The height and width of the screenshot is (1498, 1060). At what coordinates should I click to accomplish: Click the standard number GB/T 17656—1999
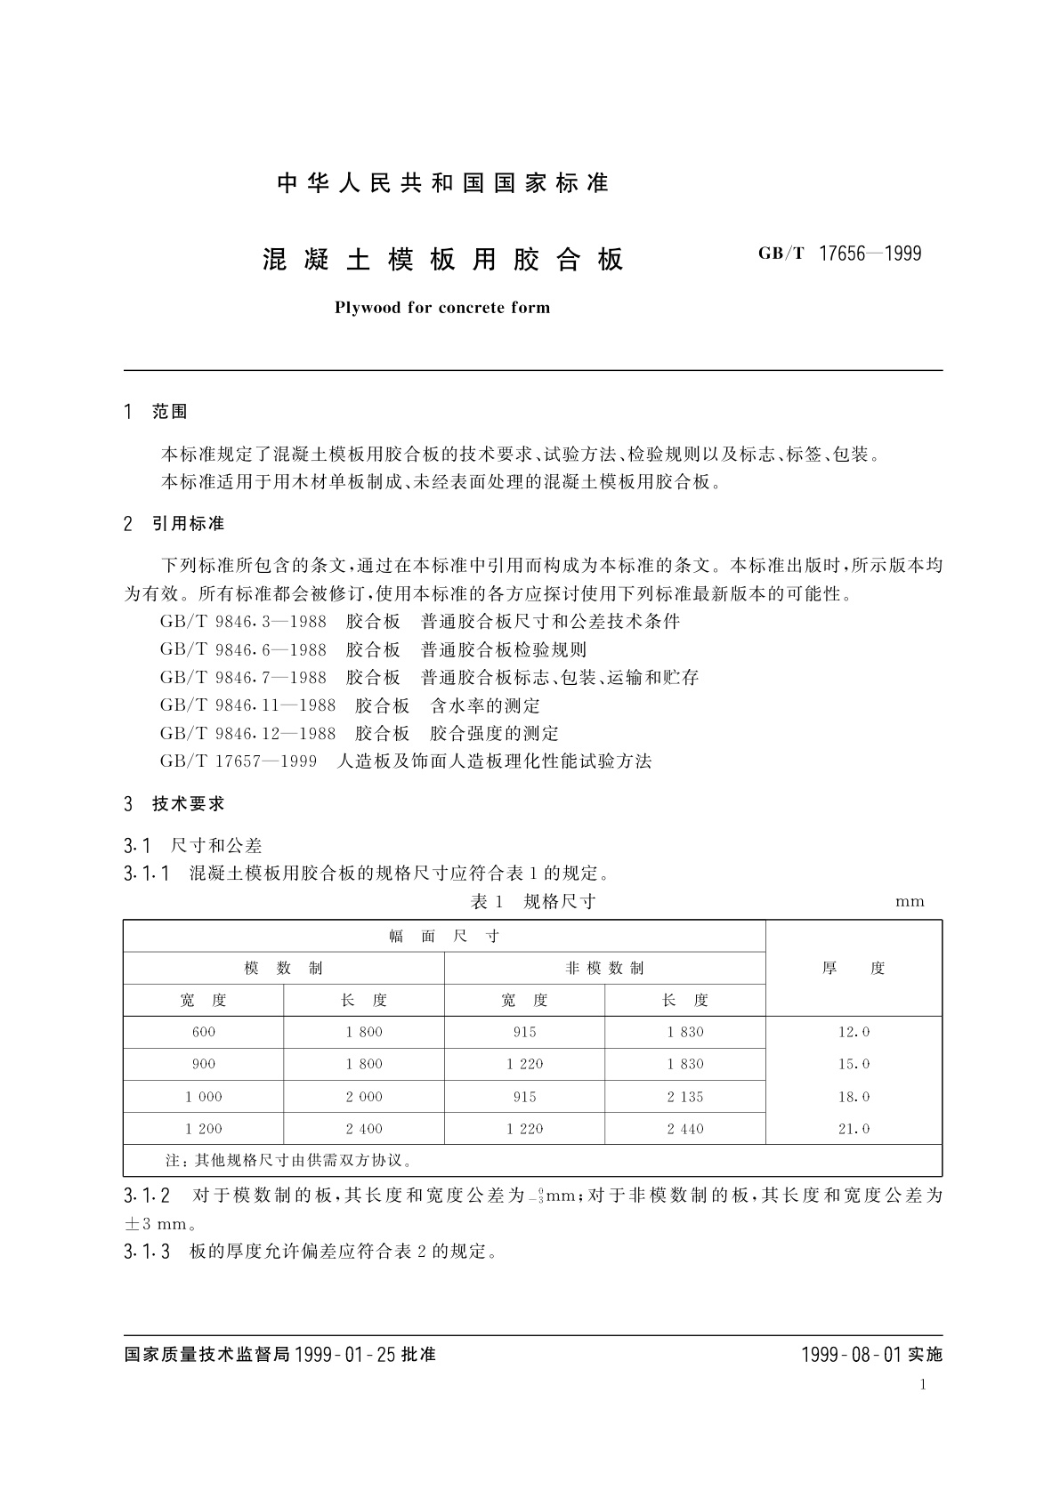point(839,254)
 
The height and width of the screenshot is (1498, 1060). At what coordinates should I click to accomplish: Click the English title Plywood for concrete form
point(442,308)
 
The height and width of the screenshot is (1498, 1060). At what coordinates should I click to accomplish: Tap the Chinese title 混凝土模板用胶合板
point(443,260)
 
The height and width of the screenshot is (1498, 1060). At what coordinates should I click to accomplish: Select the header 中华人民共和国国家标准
point(443,183)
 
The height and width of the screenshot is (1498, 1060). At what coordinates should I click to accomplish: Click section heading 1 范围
point(157,412)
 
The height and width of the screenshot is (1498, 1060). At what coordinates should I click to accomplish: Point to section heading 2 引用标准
point(174,524)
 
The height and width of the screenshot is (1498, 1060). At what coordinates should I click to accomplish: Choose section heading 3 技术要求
point(174,804)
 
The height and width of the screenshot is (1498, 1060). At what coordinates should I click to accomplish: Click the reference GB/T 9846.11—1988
point(248,706)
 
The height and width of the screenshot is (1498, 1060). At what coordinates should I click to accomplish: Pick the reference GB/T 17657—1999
point(239,761)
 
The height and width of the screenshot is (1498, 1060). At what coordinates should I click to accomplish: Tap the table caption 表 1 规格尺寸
point(532,902)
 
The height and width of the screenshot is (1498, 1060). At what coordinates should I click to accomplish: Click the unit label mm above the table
point(910,902)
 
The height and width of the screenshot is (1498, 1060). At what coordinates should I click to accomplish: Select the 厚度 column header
point(854,969)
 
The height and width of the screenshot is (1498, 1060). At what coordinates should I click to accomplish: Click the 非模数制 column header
point(604,969)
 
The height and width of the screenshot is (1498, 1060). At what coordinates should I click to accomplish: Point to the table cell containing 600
point(204,1033)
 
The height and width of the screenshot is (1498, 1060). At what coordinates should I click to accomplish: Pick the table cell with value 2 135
point(685,1097)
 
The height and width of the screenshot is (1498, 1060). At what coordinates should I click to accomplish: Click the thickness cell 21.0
point(854,1129)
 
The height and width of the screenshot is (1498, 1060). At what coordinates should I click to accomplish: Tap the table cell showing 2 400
point(364,1129)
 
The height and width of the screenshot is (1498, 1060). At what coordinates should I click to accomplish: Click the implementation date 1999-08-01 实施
point(871,1355)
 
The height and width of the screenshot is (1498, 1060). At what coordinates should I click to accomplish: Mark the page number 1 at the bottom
point(923,1384)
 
